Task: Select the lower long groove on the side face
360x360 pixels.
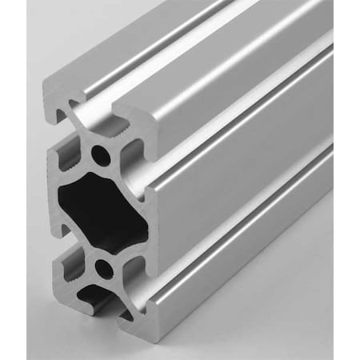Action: pos(240,212)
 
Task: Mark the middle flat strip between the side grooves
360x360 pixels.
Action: pos(240,164)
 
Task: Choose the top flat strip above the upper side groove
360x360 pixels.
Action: pos(240,76)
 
